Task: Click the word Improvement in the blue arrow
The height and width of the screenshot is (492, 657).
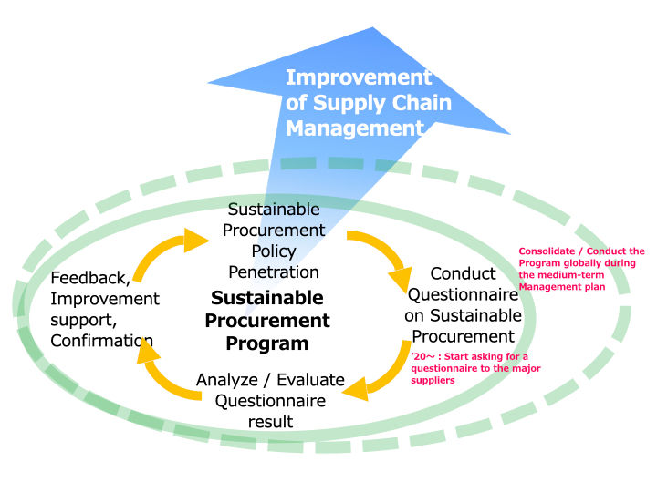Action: [x=358, y=77]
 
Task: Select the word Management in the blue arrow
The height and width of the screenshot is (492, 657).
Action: [x=355, y=128]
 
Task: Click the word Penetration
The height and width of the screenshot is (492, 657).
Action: [x=274, y=272]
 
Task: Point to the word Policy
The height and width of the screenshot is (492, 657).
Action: [x=274, y=251]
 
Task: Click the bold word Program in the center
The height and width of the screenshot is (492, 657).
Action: [x=267, y=343]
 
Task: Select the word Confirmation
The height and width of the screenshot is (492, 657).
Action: [x=101, y=341]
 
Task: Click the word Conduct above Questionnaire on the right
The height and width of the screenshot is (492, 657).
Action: [x=463, y=273]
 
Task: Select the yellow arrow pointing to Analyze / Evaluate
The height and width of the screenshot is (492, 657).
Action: [x=383, y=374]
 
